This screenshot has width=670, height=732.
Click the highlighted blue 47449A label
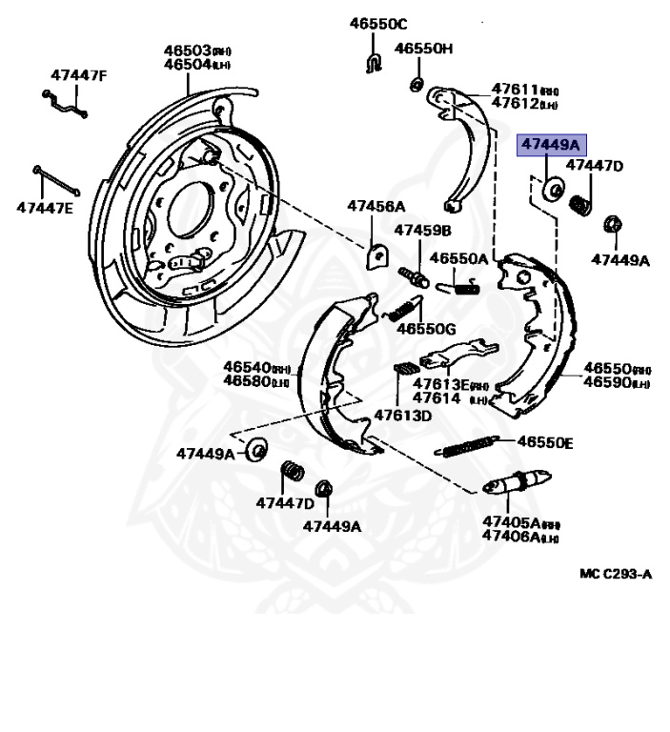pyautogui.click(x=549, y=145)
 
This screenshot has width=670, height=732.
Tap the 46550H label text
pyautogui.click(x=424, y=48)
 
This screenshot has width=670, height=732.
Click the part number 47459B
pyautogui.click(x=422, y=231)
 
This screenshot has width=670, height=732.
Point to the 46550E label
pyautogui.click(x=545, y=442)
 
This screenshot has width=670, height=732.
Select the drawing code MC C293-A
pyautogui.click(x=616, y=575)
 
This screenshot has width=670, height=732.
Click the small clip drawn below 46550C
pyautogui.click(x=375, y=63)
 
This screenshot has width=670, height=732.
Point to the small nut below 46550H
pyautogui.click(x=417, y=86)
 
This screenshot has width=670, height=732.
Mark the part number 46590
pyautogui.click(x=603, y=382)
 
